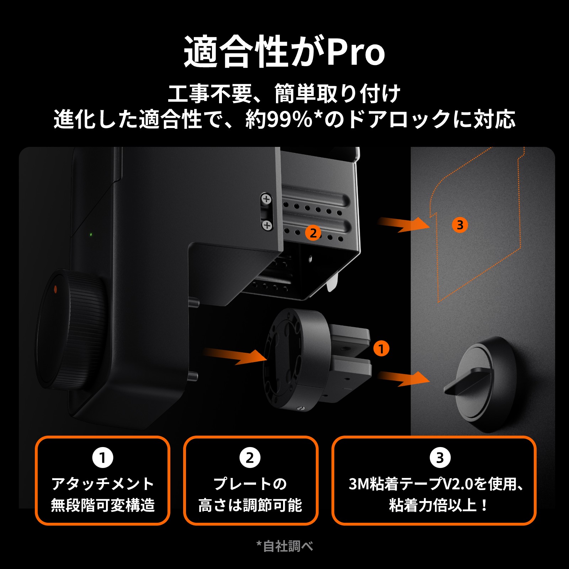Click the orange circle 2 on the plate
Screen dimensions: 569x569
(x=313, y=233)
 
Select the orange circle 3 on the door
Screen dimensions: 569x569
(x=460, y=225)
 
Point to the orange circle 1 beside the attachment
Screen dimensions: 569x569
(x=381, y=349)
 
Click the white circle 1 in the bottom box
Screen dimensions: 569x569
(x=103, y=458)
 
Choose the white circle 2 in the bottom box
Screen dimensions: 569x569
(x=250, y=458)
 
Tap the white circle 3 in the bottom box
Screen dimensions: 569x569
(x=440, y=458)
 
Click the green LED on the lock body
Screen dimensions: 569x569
(x=91, y=235)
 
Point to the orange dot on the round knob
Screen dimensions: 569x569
(x=55, y=289)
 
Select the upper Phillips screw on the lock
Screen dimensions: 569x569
(x=266, y=199)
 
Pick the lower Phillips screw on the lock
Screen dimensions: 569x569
(x=267, y=225)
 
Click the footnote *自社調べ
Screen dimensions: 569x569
(x=284, y=546)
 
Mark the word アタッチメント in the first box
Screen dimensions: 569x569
(x=103, y=484)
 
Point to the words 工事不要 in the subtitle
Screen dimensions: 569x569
(x=210, y=94)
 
